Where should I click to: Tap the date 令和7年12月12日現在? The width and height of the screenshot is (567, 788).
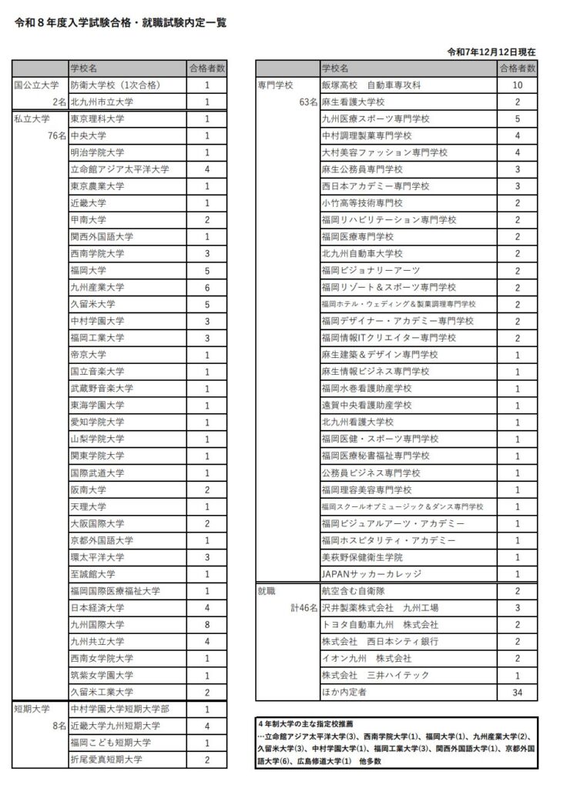coord(491,52)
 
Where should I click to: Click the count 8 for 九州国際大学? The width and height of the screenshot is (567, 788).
coord(207,625)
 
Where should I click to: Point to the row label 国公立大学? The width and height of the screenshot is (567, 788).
coord(37,85)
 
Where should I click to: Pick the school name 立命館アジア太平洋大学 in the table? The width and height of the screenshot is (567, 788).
coord(119,169)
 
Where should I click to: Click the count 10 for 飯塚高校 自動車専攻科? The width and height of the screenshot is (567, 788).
coord(517,85)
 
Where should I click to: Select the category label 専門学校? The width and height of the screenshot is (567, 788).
coord(275,85)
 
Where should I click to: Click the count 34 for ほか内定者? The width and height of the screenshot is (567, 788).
coord(517,692)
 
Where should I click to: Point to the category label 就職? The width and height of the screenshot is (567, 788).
coord(266,591)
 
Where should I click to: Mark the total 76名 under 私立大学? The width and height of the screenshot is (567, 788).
coord(55,136)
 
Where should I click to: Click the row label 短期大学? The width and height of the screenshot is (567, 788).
coord(32,709)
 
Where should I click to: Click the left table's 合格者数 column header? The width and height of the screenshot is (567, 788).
coord(207,68)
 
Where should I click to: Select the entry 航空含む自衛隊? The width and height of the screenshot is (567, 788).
coord(355,591)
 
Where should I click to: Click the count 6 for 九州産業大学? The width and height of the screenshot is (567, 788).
coord(207,287)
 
